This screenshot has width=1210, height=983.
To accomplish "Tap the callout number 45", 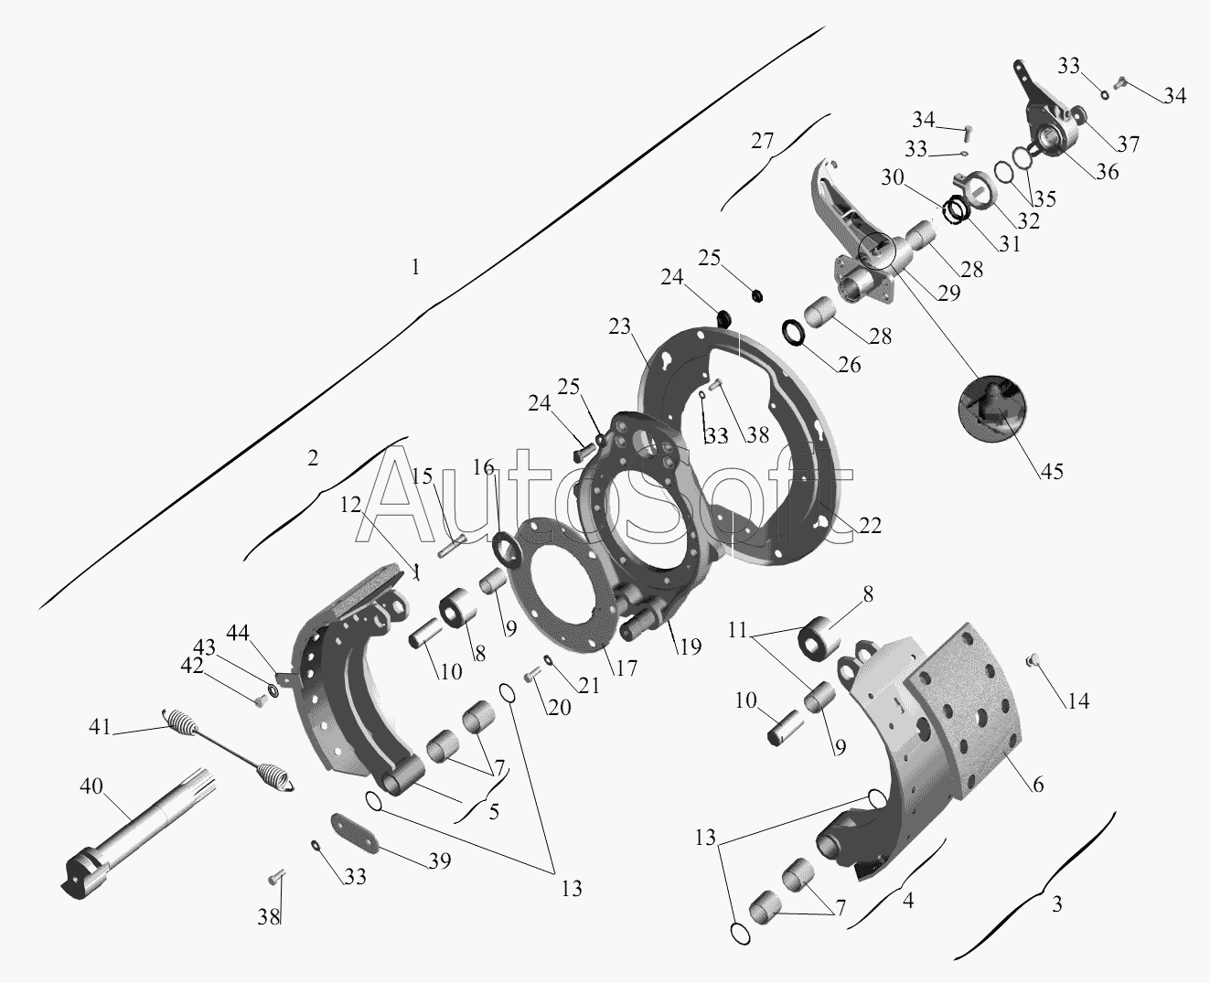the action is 1052,471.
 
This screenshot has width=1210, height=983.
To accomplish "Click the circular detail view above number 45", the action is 991,408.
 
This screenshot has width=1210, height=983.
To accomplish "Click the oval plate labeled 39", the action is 355,832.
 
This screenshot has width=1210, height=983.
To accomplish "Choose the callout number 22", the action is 870,525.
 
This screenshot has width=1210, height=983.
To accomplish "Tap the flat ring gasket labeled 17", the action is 562,585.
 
